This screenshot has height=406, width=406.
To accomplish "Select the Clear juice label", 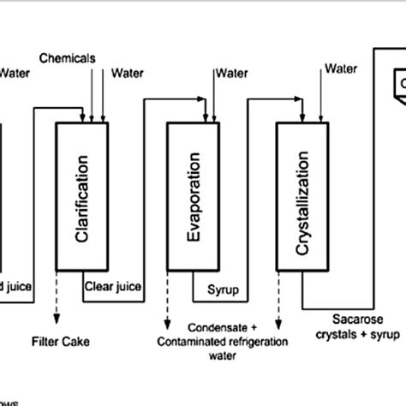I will coord(113,287).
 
